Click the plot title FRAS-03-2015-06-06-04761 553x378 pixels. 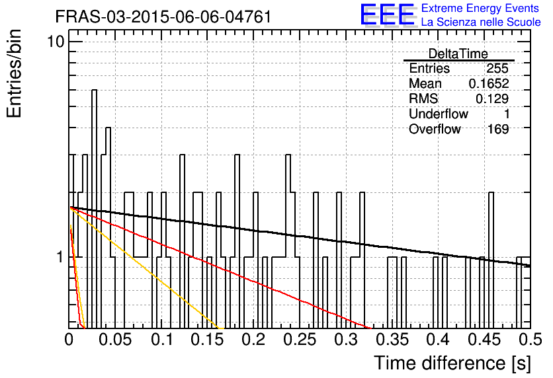(x=163, y=17)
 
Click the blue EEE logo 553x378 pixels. (x=387, y=15)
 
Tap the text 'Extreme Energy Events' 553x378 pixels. (x=480, y=8)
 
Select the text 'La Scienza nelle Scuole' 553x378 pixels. (x=481, y=22)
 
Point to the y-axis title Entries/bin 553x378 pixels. (x=14, y=73)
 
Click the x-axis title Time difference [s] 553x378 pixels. (x=452, y=363)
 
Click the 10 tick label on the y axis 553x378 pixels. (x=56, y=42)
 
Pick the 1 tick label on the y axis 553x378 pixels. (x=60, y=257)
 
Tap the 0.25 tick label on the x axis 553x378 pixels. (x=300, y=340)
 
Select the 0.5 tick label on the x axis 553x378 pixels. (x=530, y=340)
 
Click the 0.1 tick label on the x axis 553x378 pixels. (x=163, y=340)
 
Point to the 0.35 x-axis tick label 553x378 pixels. (x=392, y=340)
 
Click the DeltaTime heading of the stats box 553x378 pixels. (x=458, y=54)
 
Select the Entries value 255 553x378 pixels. (x=497, y=68)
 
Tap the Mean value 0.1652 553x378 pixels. (x=489, y=83)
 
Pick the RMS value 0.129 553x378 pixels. (x=492, y=99)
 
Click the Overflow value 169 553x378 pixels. (x=498, y=130)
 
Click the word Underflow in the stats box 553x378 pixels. (x=439, y=114)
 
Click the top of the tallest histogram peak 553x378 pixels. (x=94, y=90)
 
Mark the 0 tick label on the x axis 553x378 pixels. (x=69, y=340)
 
